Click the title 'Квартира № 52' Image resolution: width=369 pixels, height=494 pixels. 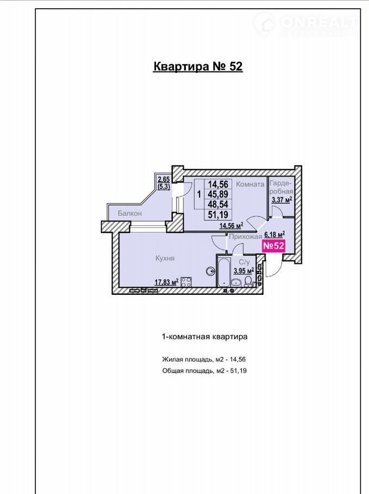(198, 66)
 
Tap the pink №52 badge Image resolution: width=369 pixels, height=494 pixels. (274, 245)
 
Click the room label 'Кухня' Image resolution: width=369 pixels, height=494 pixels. (165, 258)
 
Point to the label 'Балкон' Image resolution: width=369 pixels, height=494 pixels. (130, 213)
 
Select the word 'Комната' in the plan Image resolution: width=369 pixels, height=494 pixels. (250, 185)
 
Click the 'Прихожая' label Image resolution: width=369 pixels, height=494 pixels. (246, 237)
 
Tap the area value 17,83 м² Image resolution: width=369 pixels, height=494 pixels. (166, 282)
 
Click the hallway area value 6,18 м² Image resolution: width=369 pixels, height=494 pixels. (274, 234)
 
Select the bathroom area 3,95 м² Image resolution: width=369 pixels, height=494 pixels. (244, 270)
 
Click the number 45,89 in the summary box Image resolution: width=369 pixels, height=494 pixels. (218, 194)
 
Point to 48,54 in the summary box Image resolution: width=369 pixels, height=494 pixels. (218, 204)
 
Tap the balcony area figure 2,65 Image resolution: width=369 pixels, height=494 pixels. (164, 180)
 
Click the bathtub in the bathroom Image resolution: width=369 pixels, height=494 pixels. (223, 271)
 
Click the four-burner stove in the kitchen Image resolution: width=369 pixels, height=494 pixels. (186, 281)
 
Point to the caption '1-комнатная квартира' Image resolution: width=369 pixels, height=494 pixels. (204, 337)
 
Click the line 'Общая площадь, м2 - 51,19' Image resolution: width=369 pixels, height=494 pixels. (204, 370)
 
